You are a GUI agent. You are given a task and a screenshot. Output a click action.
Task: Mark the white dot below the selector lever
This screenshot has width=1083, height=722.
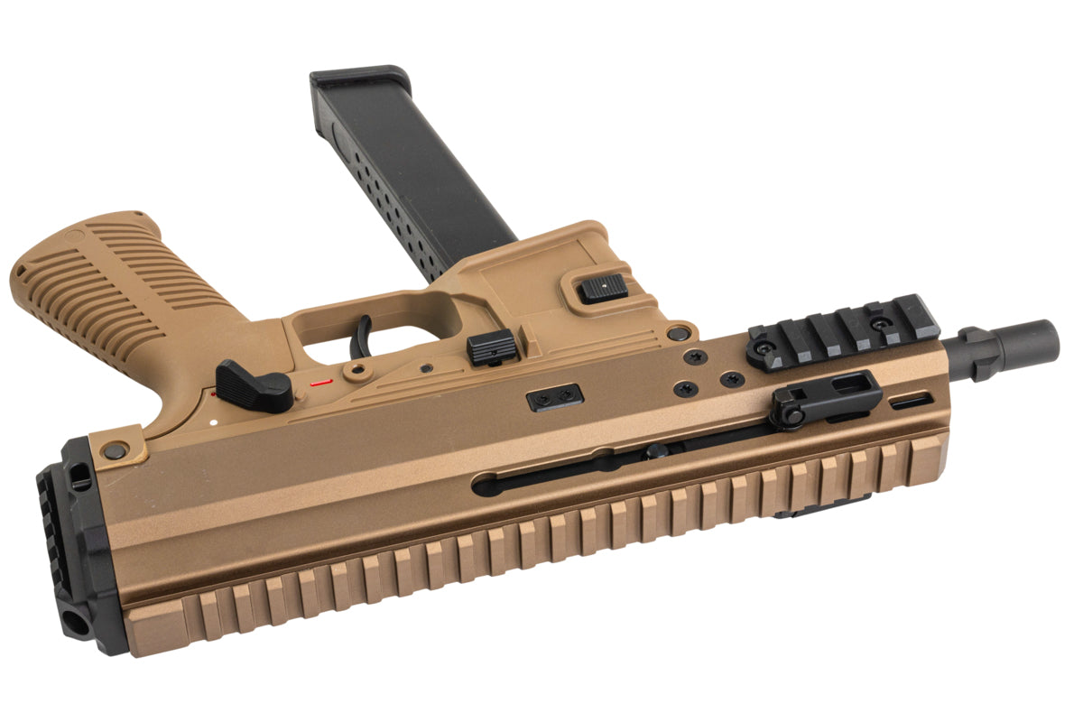209,421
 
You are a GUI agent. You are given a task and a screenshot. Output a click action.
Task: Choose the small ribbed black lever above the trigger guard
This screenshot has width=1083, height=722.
492,347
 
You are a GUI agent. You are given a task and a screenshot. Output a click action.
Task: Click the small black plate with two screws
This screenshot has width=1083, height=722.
554,397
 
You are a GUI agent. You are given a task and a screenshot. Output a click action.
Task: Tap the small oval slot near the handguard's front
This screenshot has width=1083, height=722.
912,401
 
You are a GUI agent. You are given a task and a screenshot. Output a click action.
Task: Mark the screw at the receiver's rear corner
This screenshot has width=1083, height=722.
115,449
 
